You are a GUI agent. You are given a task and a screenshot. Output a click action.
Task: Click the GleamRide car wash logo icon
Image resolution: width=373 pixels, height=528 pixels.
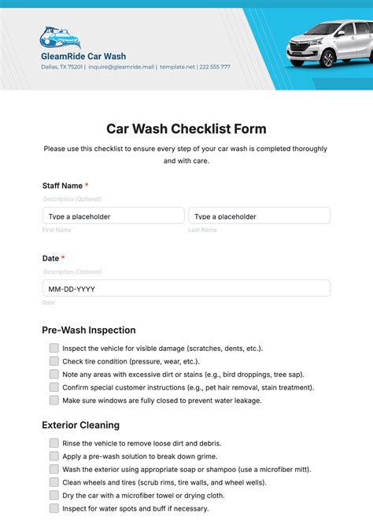(x=60, y=37)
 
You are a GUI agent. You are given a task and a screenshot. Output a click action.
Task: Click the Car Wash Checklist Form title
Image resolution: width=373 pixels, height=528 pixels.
(x=186, y=128)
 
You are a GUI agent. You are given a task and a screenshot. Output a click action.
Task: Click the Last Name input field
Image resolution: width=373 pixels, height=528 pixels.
(x=259, y=216)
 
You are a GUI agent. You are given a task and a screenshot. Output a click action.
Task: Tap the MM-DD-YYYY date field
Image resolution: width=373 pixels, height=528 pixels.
(x=186, y=288)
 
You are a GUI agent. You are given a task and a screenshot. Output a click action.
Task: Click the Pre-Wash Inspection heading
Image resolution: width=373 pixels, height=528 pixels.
(x=89, y=330)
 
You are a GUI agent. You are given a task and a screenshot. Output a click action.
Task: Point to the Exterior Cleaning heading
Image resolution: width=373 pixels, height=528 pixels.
(x=81, y=425)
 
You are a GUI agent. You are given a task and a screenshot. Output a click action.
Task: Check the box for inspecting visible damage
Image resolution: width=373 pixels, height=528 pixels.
(x=54, y=348)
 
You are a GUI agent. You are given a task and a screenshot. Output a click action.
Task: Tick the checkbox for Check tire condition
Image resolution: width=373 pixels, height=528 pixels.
(x=54, y=361)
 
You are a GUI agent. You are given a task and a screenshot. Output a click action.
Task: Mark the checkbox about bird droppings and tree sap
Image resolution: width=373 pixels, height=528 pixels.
(x=54, y=374)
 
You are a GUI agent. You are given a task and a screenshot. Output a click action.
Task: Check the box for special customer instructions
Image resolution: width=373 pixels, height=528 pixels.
(x=54, y=387)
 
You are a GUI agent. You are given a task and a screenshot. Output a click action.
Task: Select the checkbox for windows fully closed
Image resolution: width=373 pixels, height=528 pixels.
(x=54, y=400)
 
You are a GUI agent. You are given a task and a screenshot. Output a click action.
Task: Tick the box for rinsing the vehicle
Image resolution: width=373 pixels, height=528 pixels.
(x=54, y=443)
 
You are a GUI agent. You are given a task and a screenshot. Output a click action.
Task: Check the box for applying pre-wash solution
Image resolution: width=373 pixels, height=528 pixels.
(x=54, y=456)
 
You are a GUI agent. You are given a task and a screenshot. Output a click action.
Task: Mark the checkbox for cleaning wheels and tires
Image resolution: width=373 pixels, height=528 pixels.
(x=54, y=482)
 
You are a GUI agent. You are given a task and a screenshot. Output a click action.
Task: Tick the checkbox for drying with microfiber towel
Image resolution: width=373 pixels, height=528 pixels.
(x=54, y=495)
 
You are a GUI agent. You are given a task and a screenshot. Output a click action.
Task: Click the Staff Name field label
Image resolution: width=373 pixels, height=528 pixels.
(x=62, y=186)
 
